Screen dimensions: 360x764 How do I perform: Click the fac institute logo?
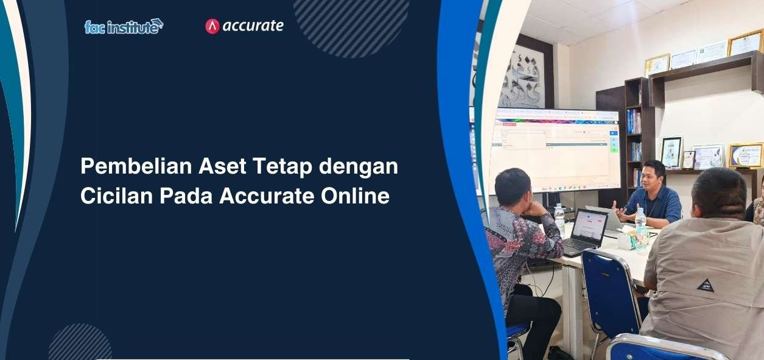point(124,26)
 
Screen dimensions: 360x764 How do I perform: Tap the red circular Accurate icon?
point(212,26)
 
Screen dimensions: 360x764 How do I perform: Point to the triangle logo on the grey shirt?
point(706,284)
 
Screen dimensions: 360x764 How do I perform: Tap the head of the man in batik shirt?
point(513,186)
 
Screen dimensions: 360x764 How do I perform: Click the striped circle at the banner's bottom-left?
point(80,344)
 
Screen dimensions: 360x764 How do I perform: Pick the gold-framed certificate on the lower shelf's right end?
point(745,155)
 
